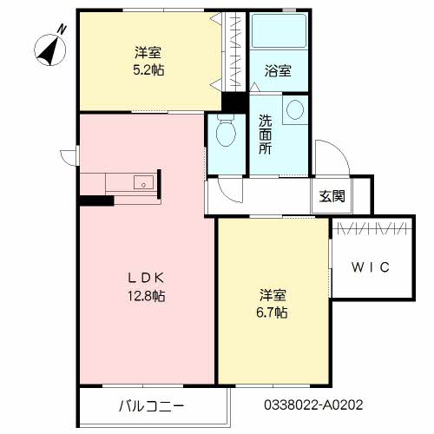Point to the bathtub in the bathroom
point(279,36)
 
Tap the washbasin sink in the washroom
point(294,109)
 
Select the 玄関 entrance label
point(331,196)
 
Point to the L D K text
point(147,279)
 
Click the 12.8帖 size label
point(147,296)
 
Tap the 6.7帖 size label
point(272,311)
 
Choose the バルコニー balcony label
point(151,404)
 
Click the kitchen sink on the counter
point(144,182)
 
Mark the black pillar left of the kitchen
point(96,201)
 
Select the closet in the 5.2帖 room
point(230,52)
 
